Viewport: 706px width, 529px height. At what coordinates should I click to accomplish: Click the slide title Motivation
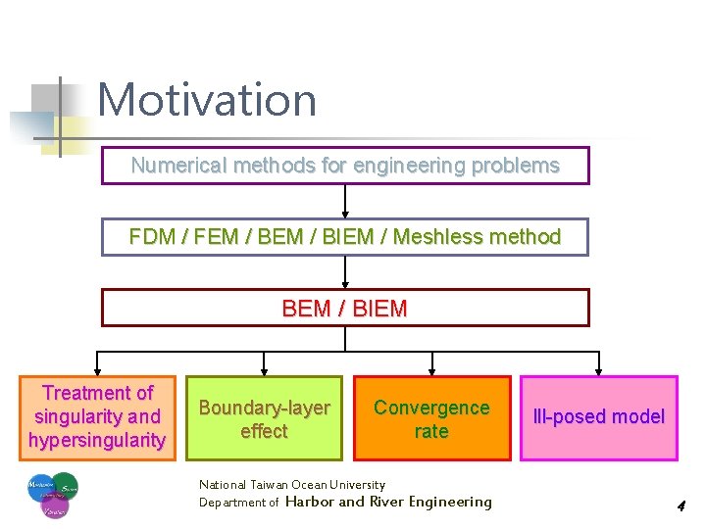click(207, 100)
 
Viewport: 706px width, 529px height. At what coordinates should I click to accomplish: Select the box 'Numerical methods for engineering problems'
click(345, 166)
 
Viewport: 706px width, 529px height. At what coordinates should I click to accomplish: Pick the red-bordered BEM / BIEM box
click(345, 308)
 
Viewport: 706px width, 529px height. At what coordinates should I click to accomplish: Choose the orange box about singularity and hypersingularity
click(98, 417)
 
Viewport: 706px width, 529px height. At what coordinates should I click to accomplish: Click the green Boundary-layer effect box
click(265, 418)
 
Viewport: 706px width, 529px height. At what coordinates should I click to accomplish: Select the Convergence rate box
click(431, 418)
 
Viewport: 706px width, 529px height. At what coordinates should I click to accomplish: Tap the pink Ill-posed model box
click(598, 417)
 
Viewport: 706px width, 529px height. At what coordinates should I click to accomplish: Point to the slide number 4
click(680, 506)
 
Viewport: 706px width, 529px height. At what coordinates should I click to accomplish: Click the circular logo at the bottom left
click(53, 496)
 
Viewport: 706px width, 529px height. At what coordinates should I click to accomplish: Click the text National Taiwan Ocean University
click(292, 484)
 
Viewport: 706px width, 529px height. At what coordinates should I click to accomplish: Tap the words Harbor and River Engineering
click(388, 502)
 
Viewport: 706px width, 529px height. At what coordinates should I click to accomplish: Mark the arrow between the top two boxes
click(345, 202)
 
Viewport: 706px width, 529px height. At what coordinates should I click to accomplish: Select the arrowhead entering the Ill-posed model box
click(599, 369)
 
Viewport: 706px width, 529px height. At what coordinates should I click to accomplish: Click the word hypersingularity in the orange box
click(97, 441)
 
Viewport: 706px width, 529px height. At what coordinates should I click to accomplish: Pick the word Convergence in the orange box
click(431, 408)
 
